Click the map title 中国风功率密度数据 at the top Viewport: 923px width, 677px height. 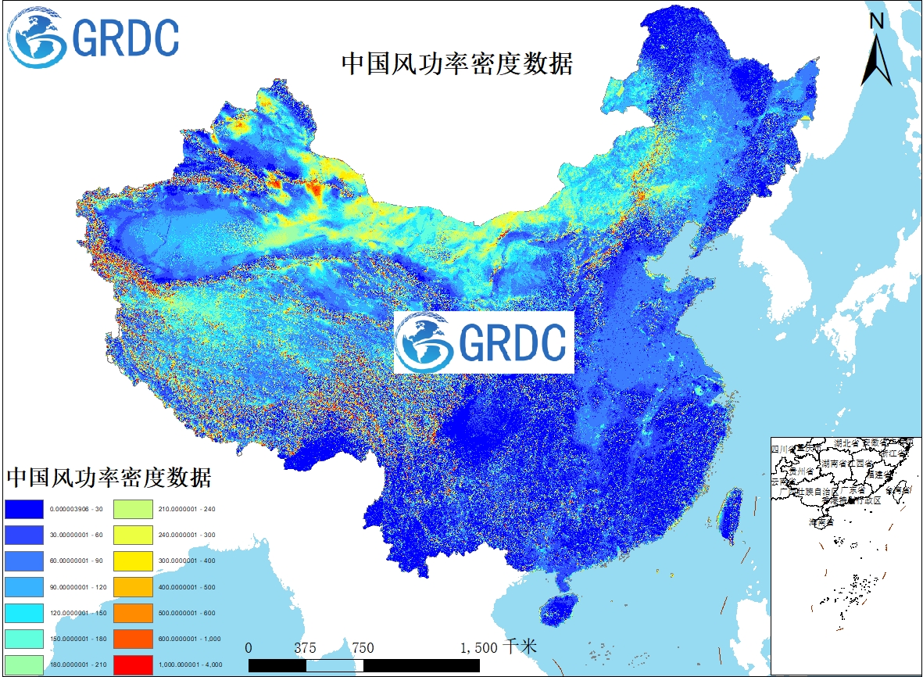pyautogui.click(x=457, y=64)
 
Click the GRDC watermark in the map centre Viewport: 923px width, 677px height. pyautogui.click(x=484, y=342)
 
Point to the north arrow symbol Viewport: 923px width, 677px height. pyautogui.click(x=877, y=59)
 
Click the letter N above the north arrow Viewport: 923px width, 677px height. pyautogui.click(x=877, y=22)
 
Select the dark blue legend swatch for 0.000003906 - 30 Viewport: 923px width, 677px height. pyautogui.click(x=23, y=509)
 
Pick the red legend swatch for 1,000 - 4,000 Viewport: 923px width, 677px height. pyautogui.click(x=132, y=665)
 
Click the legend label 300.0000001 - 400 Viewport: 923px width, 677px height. pyautogui.click(x=187, y=561)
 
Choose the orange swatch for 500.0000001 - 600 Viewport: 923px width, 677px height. pyautogui.click(x=132, y=614)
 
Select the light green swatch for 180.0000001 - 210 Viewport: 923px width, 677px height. pyautogui.click(x=23, y=665)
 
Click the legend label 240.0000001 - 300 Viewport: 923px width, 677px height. pyautogui.click(x=187, y=535)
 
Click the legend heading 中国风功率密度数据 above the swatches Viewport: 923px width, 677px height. pyautogui.click(x=109, y=476)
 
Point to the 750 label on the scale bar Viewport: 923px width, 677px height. pyautogui.click(x=363, y=648)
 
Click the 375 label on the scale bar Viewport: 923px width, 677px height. pyautogui.click(x=306, y=648)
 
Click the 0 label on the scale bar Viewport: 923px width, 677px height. pyautogui.click(x=249, y=648)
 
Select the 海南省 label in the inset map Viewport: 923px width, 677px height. pyautogui.click(x=821, y=521)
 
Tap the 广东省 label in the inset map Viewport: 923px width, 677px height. pyautogui.click(x=853, y=491)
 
